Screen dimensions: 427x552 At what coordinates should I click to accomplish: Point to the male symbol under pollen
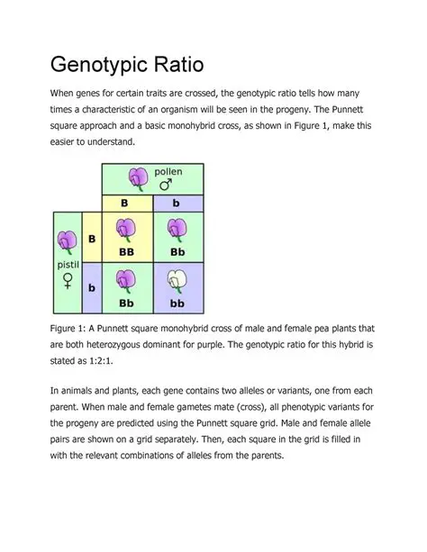[167, 185]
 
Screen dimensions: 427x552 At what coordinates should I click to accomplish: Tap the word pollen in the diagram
[168, 171]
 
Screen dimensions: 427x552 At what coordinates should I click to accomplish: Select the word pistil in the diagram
[67, 267]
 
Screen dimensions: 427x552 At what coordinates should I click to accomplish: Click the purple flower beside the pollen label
[138, 178]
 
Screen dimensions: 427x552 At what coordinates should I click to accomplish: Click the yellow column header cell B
[127, 204]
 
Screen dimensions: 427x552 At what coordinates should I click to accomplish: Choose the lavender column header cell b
[177, 204]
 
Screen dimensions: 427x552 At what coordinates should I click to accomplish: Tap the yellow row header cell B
[91, 238]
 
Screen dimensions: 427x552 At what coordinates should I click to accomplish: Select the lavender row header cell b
[91, 287]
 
